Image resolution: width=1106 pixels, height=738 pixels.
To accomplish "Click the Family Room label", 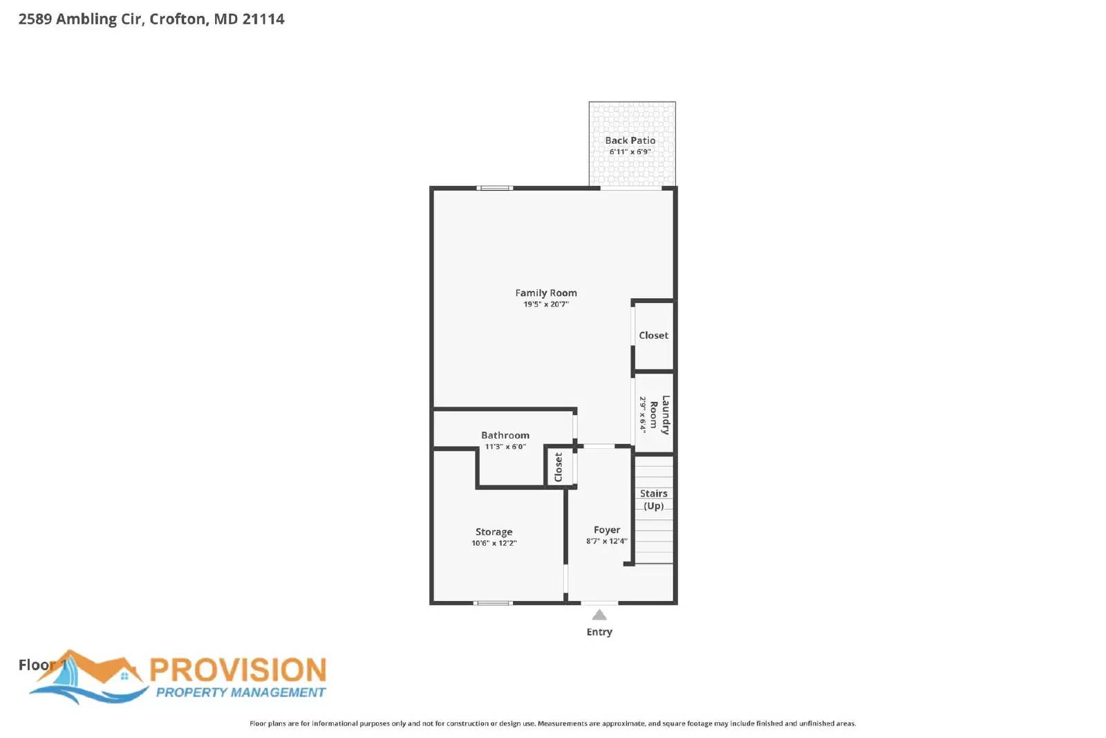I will click(x=545, y=293).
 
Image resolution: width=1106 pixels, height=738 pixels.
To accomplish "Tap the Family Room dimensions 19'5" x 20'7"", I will click(x=545, y=304).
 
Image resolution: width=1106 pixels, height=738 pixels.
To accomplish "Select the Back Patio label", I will click(x=630, y=140).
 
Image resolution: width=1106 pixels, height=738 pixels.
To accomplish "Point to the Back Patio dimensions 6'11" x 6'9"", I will click(x=630, y=151).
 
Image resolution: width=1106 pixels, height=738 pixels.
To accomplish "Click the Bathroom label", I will click(x=505, y=435).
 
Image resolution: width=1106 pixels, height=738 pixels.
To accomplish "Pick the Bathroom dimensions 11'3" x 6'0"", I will click(x=505, y=447).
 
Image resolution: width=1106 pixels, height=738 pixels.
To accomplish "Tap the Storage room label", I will click(x=494, y=532).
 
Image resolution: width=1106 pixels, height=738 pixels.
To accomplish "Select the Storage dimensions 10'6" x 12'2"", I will click(x=494, y=543).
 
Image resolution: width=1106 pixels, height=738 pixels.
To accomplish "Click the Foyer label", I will click(x=606, y=530).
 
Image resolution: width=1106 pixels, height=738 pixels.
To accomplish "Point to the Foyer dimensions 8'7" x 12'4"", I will click(x=606, y=541).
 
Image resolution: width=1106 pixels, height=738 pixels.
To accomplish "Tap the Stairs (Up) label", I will click(x=653, y=499).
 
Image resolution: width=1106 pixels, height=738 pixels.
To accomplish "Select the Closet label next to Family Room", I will click(x=653, y=335).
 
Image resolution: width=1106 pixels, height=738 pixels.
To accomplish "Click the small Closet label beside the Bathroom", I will click(x=559, y=468).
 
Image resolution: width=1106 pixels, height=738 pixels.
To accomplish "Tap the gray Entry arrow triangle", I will click(x=599, y=615).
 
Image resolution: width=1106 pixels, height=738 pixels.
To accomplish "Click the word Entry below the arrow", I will click(x=599, y=632).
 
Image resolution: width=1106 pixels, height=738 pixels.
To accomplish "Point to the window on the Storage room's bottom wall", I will click(x=492, y=603).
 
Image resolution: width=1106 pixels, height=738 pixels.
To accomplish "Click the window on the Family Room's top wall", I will click(x=495, y=187).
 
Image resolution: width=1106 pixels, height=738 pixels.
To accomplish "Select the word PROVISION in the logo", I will click(x=238, y=670).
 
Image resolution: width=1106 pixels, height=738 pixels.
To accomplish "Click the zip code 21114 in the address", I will click(x=263, y=19).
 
